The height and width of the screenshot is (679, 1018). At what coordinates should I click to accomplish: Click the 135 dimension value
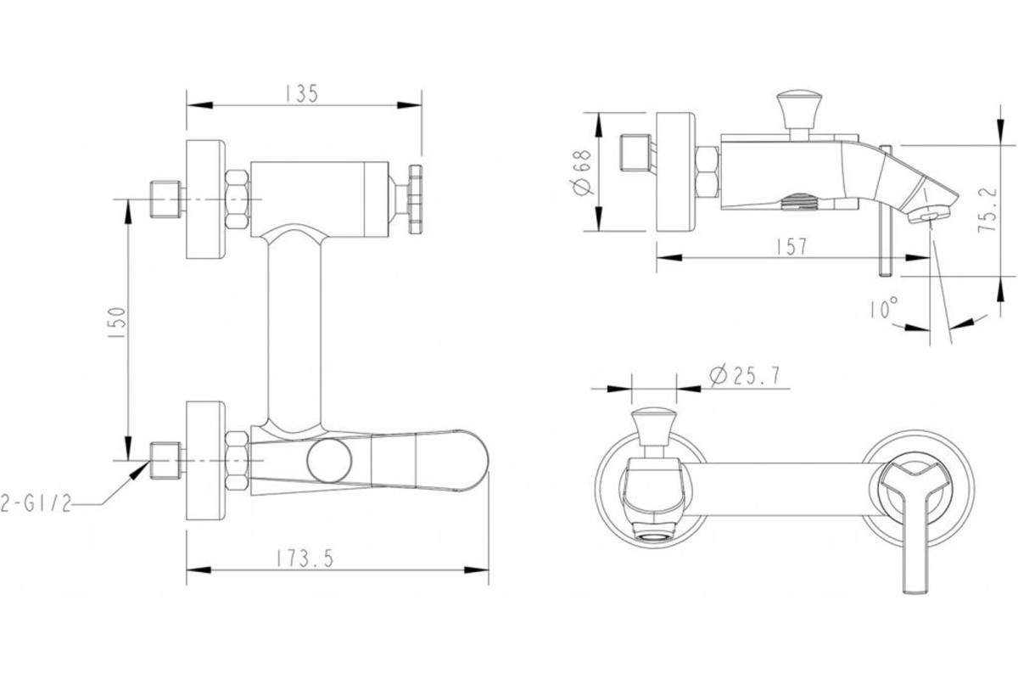click(302, 93)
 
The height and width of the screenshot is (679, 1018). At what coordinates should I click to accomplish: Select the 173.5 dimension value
click(305, 558)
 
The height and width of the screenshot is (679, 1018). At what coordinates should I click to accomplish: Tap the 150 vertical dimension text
click(116, 323)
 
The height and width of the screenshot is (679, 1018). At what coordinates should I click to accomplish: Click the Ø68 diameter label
click(582, 172)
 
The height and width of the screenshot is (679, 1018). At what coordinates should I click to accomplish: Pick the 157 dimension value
click(791, 247)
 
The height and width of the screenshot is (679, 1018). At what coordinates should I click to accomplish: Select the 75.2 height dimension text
click(987, 210)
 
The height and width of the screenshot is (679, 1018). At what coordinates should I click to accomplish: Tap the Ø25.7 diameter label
click(745, 376)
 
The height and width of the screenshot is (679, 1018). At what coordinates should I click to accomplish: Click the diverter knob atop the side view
click(799, 110)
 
